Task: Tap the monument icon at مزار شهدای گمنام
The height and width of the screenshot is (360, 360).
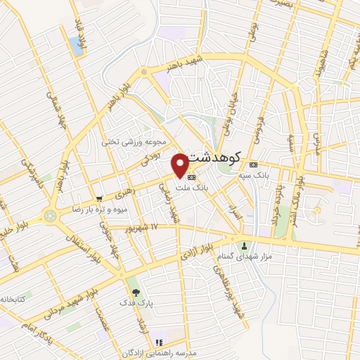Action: pyautogui.click(x=245, y=245)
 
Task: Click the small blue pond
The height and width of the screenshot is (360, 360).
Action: pyautogui.click(x=76, y=46)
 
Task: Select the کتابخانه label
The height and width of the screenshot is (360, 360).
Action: pyautogui.click(x=12, y=300)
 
